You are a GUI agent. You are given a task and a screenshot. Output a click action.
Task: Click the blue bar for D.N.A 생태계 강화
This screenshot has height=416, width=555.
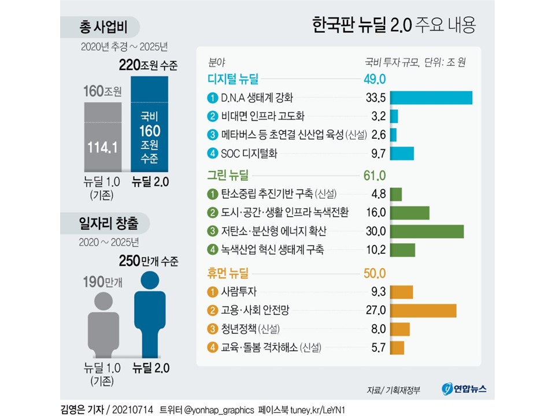click(431, 98)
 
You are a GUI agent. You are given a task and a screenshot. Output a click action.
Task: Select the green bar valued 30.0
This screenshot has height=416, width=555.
click(427, 231)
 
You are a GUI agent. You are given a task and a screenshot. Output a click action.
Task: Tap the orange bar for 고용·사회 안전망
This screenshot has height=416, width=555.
click(423, 311)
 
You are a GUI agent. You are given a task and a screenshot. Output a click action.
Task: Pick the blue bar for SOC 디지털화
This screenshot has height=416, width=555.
click(402, 154)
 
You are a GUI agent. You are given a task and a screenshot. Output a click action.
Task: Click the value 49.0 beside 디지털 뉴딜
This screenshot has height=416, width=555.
click(375, 79)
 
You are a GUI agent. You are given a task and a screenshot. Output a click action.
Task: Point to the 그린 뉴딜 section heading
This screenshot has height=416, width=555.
click(228, 175)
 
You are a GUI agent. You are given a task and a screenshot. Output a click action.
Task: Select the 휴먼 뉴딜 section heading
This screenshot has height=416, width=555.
click(228, 273)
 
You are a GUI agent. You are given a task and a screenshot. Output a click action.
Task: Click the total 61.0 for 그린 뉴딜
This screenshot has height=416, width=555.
click(375, 176)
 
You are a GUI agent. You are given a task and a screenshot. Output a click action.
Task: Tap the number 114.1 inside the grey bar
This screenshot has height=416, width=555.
click(103, 147)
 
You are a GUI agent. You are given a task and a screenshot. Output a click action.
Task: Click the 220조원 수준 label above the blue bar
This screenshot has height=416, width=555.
click(149, 65)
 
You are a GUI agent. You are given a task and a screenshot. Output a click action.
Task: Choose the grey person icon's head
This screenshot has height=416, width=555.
click(103, 302)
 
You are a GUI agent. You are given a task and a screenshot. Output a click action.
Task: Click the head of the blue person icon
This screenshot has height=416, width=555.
click(150, 280)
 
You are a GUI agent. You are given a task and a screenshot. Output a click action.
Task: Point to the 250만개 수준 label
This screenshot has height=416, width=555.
click(149, 261)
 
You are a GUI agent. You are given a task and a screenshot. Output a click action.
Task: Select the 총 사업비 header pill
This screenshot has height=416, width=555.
click(100, 27)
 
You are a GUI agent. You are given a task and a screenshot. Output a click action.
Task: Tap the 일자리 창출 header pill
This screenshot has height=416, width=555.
click(105, 223)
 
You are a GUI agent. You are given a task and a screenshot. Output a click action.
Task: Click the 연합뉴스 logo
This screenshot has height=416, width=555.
click(464, 389)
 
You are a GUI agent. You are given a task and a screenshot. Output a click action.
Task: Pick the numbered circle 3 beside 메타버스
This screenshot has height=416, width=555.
click(212, 135)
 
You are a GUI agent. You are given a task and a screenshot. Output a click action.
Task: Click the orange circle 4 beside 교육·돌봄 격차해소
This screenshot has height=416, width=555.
click(212, 347)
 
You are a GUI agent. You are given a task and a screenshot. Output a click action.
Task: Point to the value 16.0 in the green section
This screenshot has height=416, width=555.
click(376, 212)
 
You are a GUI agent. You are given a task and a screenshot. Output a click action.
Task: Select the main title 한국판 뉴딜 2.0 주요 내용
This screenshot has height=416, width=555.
click(394, 25)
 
